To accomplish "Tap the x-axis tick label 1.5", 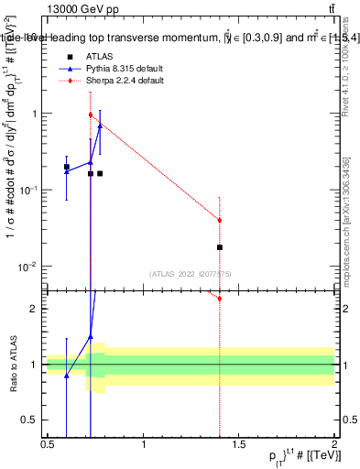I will click(239, 446).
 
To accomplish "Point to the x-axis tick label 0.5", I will click(48, 446).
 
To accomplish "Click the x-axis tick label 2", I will click(334, 446).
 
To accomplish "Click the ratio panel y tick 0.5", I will click(33, 420).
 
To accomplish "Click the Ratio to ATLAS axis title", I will click(12, 365).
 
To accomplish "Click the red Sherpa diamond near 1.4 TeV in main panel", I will click(220, 220).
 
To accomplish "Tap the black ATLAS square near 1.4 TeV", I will click(220, 247).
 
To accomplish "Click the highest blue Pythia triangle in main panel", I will click(100, 125).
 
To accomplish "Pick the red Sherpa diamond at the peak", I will click(90, 115).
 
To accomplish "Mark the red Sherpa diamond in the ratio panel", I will click(220, 298).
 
